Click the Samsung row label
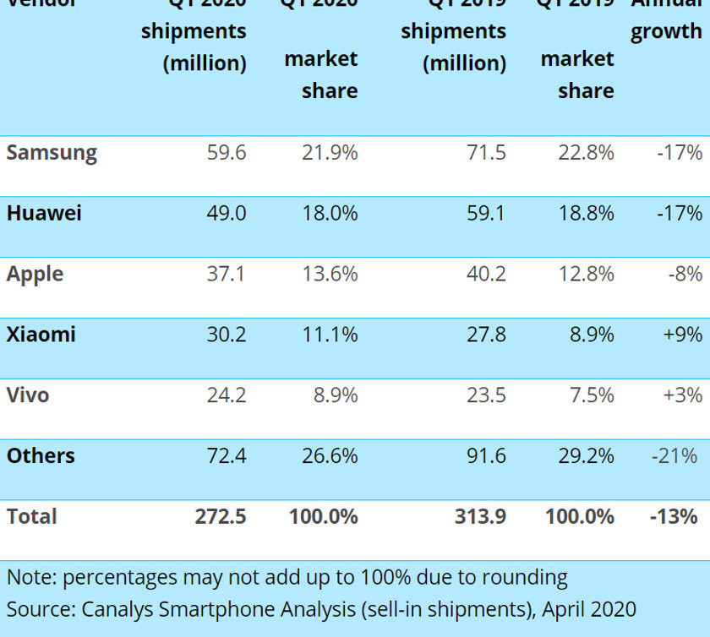point(52,153)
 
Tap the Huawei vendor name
point(44,213)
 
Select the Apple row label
point(35,274)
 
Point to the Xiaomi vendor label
point(41,335)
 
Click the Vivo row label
point(28,395)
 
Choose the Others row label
point(41,455)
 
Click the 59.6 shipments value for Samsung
point(227,153)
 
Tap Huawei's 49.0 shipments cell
point(227,213)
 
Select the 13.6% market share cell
point(330,274)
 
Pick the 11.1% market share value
point(330,335)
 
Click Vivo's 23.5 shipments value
point(486,395)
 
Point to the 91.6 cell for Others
point(486,455)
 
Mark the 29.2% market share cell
point(586,455)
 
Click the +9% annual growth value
point(683,335)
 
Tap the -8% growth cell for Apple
point(685,274)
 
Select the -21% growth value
point(678,455)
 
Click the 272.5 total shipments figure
point(221,516)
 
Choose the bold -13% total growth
point(674,516)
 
